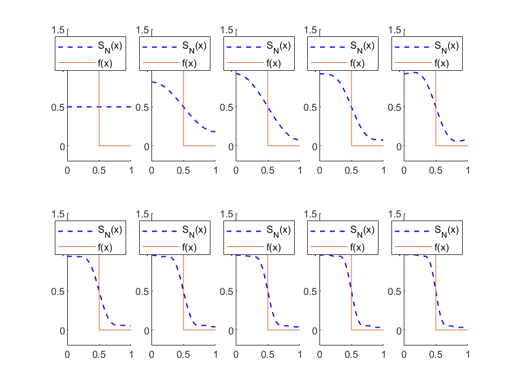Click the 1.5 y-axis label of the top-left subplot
tap(59, 30)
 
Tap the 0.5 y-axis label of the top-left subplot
tap(59, 107)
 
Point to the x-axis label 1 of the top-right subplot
tap(467, 171)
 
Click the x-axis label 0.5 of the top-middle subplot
tap(268, 171)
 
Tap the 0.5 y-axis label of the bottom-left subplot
tap(59, 291)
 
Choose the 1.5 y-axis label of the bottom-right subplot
tap(395, 214)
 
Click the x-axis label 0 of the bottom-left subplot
tap(68, 355)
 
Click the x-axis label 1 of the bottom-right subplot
tap(467, 355)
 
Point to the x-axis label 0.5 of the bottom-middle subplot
tap(268, 355)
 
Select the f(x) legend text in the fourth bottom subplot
tap(357, 247)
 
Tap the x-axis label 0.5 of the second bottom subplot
tap(183, 355)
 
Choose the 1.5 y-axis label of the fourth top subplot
tap(311, 30)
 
